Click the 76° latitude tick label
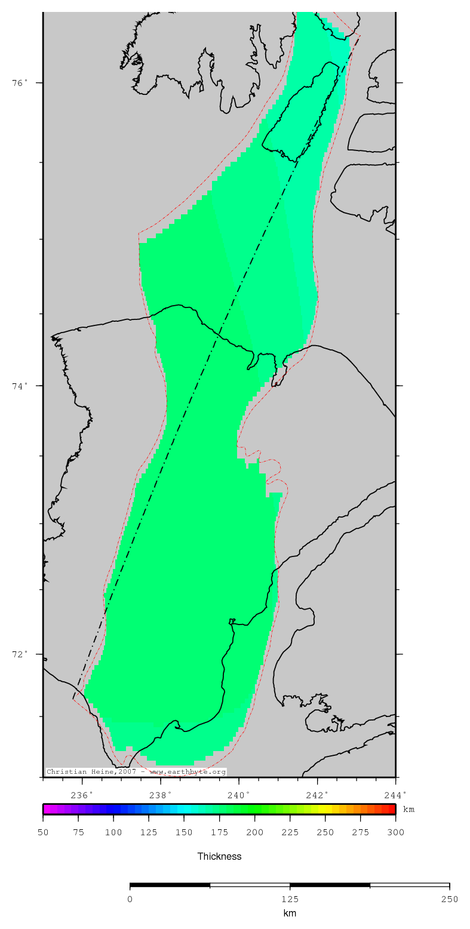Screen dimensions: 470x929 pos(20,83)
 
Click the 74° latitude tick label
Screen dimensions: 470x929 pos(20,386)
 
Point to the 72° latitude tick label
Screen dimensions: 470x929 pos(20,654)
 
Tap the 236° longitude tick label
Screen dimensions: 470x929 pos(82,795)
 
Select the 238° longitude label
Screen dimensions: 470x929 pos(161,795)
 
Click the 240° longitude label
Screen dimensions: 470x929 pos(239,795)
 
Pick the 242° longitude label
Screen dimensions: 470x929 pos(318,795)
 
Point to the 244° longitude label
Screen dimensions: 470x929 pos(395,795)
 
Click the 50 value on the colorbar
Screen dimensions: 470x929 pos(43,832)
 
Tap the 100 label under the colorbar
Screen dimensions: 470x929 pos(113,832)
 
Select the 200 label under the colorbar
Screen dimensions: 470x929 pos(255,832)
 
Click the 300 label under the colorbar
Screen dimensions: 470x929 pos(396,832)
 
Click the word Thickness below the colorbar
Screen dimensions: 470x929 pos(219,856)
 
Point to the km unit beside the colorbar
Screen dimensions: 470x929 pos(409,810)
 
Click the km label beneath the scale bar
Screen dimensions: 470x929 pos(290,913)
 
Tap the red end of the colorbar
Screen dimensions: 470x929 pos(391,810)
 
